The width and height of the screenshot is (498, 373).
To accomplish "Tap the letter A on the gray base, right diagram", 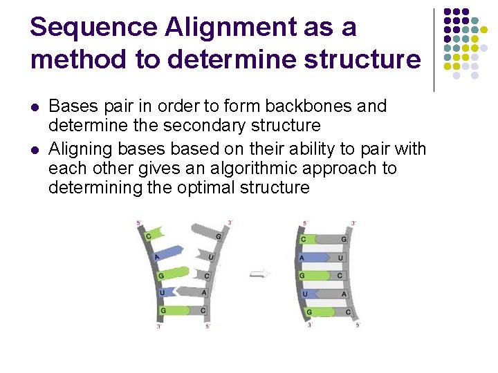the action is coord(344,294).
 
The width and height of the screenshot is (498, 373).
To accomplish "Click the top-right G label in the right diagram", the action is coord(344,239).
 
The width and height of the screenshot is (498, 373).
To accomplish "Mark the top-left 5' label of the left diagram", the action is coord(140,223).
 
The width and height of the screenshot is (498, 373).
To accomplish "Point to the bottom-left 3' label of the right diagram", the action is coord(309,324).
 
